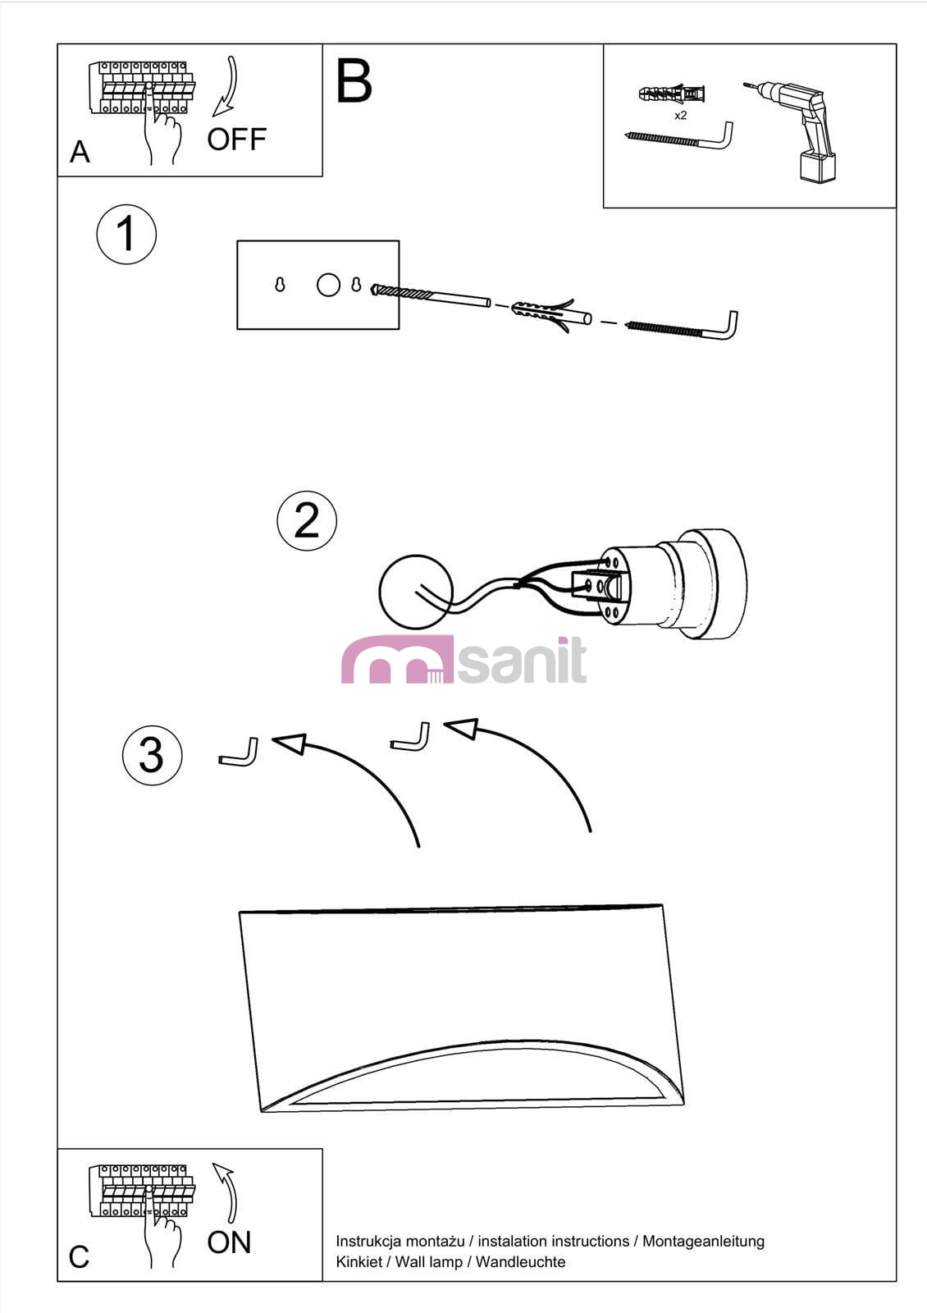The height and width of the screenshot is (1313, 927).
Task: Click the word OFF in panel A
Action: (237, 140)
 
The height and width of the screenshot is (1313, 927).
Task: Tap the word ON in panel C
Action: (229, 1242)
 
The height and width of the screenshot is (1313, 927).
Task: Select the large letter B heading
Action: (354, 81)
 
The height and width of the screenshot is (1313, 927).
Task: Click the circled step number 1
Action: (126, 234)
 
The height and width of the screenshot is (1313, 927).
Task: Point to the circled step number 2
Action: (307, 520)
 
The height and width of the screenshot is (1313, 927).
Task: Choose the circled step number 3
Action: (153, 756)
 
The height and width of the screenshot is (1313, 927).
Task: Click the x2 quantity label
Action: (680, 116)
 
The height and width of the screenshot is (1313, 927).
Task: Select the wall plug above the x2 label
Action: (672, 94)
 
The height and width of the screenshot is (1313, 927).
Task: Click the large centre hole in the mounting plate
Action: (328, 285)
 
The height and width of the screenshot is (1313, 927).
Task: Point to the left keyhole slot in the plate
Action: (280, 284)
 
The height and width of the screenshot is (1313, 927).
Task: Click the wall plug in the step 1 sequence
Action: (550, 316)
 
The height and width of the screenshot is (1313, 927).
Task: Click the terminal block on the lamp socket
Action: (596, 585)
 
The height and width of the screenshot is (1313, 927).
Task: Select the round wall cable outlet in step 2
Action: (416, 592)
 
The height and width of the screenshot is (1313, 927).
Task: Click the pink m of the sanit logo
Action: (397, 660)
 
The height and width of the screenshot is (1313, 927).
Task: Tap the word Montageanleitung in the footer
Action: (703, 1242)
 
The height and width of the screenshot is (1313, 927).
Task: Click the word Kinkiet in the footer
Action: (358, 1262)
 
